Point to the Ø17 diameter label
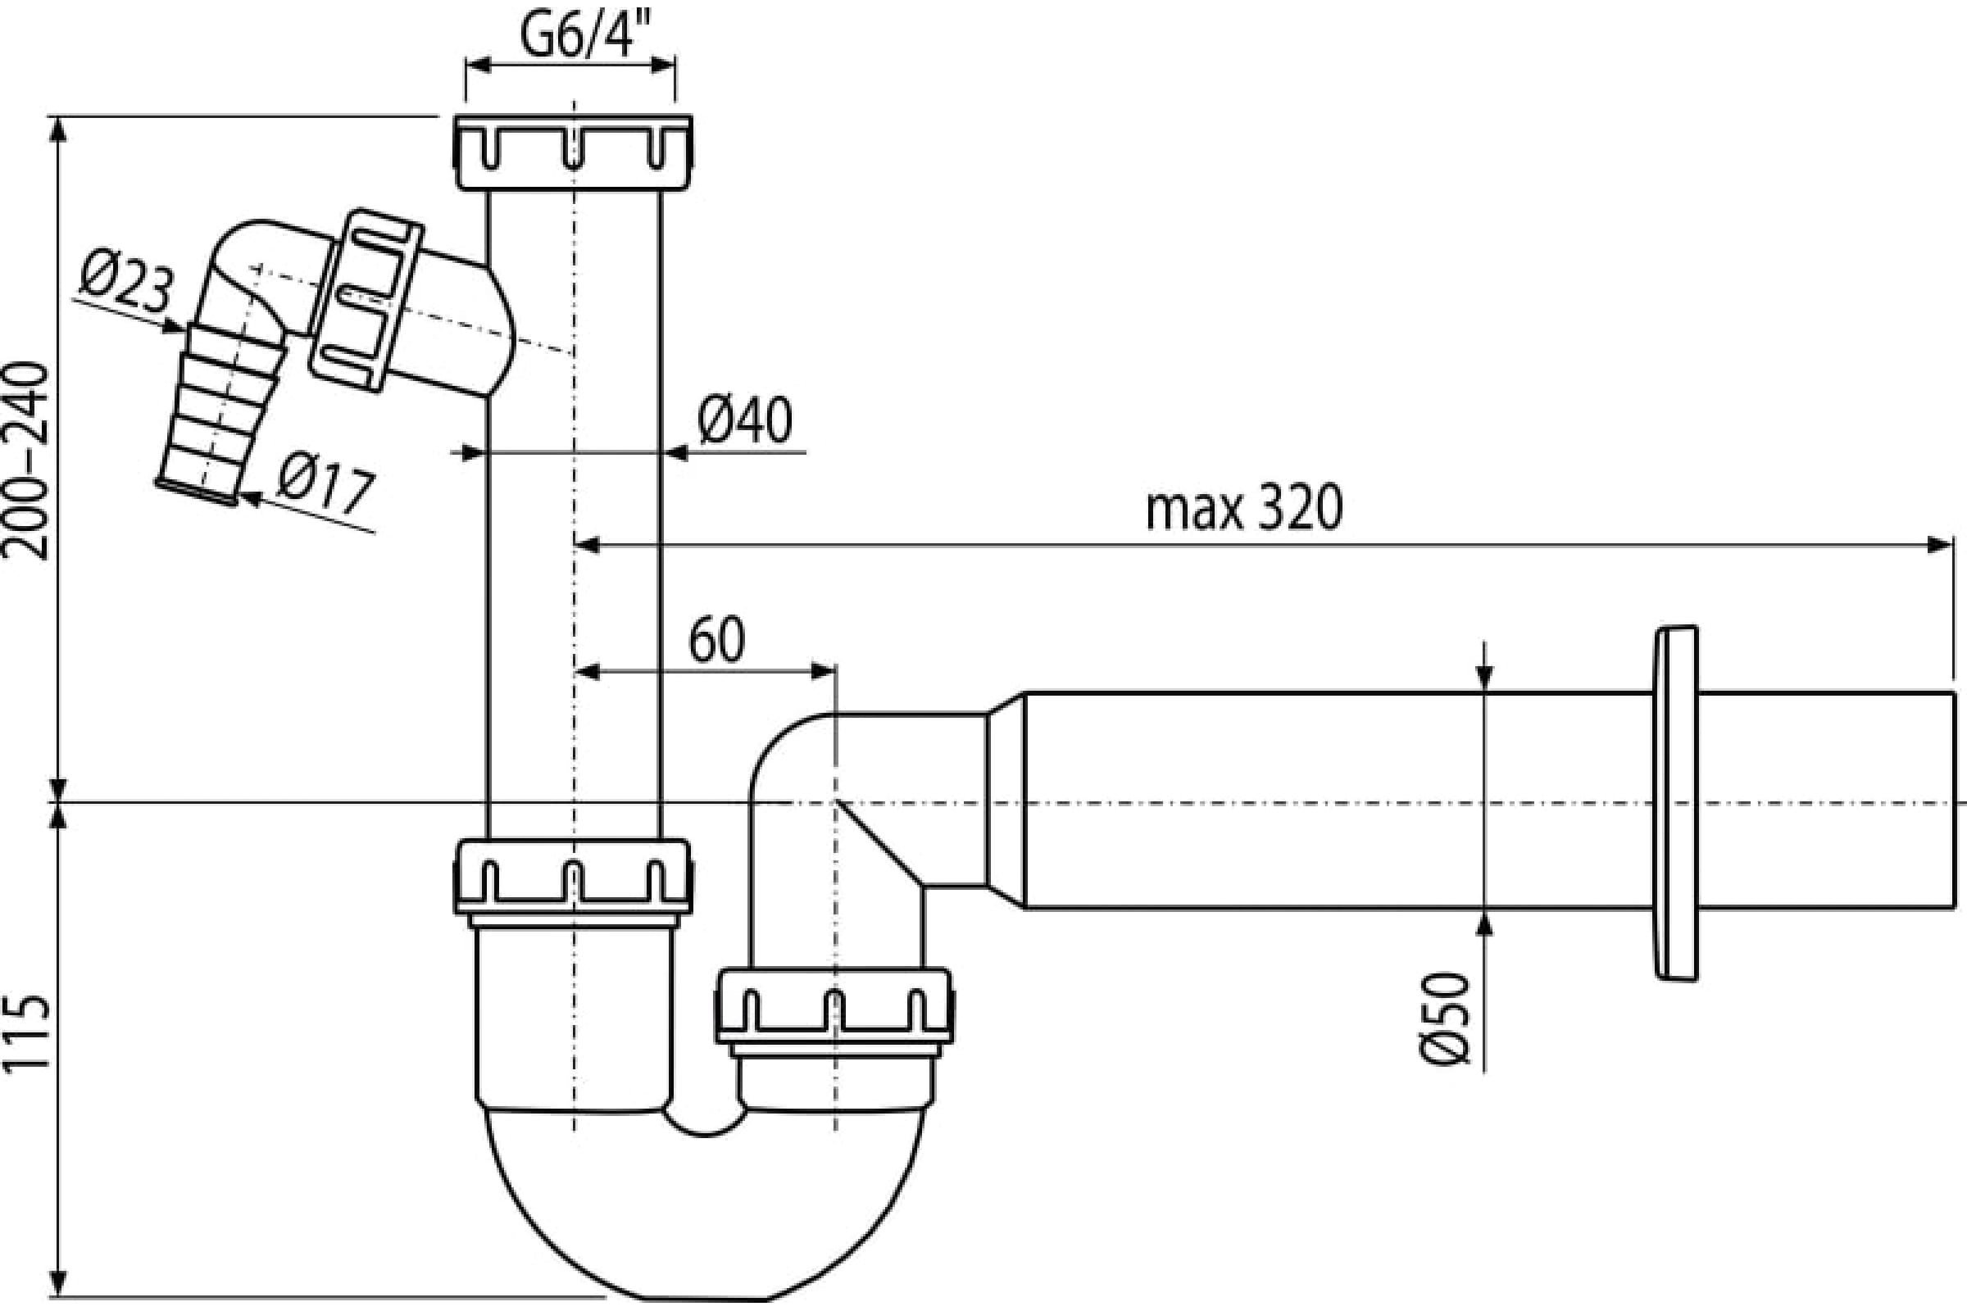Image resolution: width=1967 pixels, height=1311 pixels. (x=325, y=489)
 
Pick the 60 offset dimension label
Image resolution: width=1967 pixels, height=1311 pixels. (x=716, y=642)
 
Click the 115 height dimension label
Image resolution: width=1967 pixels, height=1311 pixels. (x=29, y=1032)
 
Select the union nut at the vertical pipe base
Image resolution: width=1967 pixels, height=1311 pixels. (x=573, y=876)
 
